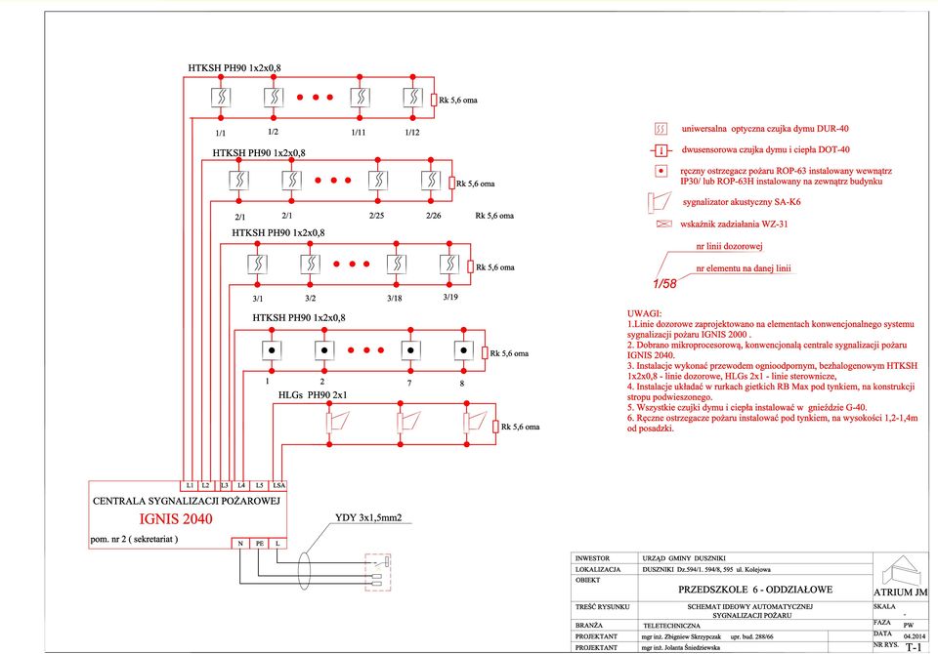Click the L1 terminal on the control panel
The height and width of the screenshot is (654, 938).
(189, 485)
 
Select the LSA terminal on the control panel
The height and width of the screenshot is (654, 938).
(278, 485)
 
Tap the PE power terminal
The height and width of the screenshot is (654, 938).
(260, 544)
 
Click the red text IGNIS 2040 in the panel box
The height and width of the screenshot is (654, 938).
(176, 519)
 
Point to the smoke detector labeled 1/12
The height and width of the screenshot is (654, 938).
(412, 98)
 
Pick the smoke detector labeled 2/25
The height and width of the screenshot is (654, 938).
(378, 180)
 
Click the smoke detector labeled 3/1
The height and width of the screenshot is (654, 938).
(257, 264)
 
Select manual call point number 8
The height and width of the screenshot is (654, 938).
(463, 350)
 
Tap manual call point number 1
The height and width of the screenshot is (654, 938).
(272, 350)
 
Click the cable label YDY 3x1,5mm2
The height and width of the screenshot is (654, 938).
(368, 517)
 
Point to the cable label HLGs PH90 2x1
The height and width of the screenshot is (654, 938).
(313, 395)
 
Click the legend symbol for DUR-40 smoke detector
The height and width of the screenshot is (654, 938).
(661, 129)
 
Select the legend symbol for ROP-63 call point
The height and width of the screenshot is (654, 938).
(661, 171)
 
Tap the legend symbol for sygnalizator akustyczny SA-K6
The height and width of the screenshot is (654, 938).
(659, 203)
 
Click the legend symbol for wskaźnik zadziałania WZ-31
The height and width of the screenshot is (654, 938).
(663, 225)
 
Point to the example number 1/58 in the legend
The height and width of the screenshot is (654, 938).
(664, 283)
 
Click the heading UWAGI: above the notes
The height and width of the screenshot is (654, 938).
(644, 313)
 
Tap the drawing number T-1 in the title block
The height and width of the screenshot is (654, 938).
(914, 647)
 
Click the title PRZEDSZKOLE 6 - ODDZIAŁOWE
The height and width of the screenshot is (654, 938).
(755, 590)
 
